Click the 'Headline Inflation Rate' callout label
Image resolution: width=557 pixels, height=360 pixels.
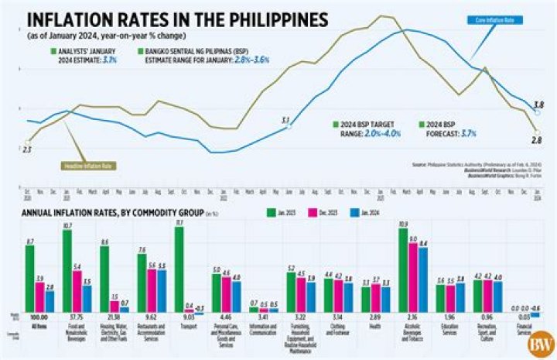pos(87,164)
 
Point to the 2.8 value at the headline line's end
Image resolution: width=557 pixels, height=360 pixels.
pos(535,139)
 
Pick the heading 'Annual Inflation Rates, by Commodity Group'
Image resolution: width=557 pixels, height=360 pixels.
pos(114,211)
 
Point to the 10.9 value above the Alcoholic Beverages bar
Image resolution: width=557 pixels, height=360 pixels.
pos(402,225)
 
